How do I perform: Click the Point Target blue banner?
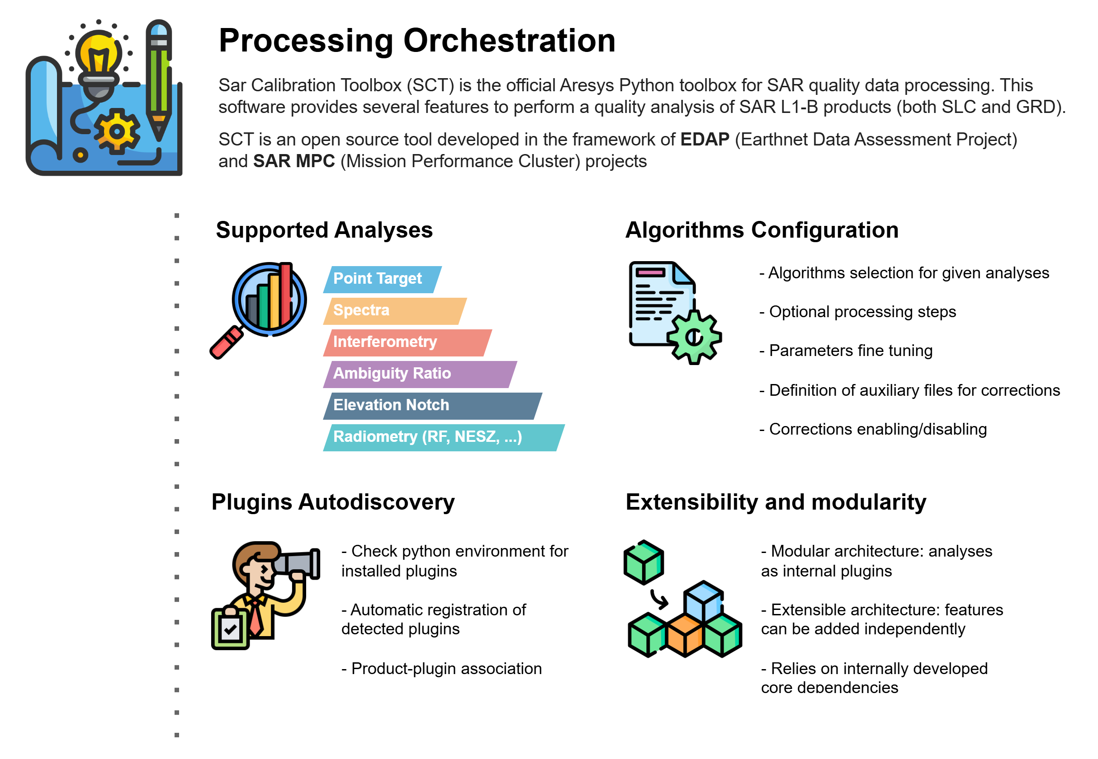(382, 279)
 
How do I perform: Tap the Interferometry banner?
(407, 342)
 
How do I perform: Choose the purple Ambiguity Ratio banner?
(420, 374)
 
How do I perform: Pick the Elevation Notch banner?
(432, 406)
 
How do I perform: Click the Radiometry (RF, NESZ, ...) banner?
(444, 437)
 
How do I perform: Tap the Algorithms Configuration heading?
(762, 230)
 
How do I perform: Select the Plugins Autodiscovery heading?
(333, 502)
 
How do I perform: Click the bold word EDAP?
(705, 139)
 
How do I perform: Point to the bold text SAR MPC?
(293, 161)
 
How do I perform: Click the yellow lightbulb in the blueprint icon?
(99, 57)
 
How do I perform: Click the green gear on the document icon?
(694, 337)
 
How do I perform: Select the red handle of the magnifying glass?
(227, 342)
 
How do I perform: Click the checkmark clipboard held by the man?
(230, 629)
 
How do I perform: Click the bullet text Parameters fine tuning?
(846, 351)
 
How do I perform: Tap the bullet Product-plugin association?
(441, 669)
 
